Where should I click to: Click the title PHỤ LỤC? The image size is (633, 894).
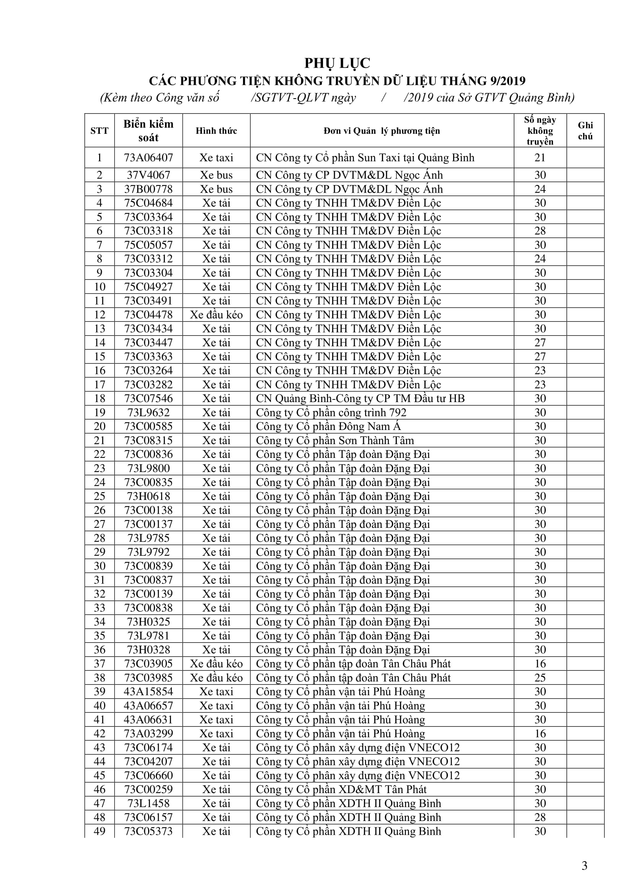pyautogui.click(x=337, y=63)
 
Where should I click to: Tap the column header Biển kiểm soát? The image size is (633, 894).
pyautogui.click(x=148, y=130)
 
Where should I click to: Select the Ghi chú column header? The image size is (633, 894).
pyautogui.click(x=585, y=130)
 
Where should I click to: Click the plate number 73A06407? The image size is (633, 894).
pyautogui.click(x=148, y=158)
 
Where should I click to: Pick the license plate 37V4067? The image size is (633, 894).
pyautogui.click(x=148, y=175)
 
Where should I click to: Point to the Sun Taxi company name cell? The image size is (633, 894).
pyautogui.click(x=365, y=158)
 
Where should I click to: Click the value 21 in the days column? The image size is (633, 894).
pyautogui.click(x=540, y=158)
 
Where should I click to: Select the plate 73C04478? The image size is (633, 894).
pyautogui.click(x=148, y=315)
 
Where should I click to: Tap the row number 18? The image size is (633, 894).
pyautogui.click(x=100, y=398)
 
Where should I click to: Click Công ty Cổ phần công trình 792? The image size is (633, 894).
pyautogui.click(x=331, y=412)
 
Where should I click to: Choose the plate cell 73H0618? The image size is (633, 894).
pyautogui.click(x=148, y=496)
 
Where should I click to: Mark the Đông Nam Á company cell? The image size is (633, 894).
pyautogui.click(x=328, y=427)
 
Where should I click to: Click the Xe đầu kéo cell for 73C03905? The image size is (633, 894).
pyautogui.click(x=216, y=664)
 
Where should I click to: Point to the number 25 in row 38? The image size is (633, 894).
pyautogui.click(x=540, y=678)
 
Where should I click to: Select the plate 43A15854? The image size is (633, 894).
pyautogui.click(x=148, y=691)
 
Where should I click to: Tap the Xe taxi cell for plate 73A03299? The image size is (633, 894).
pyautogui.click(x=216, y=733)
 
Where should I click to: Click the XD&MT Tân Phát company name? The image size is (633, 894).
pyautogui.click(x=341, y=789)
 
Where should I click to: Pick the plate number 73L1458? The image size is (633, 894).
pyautogui.click(x=148, y=803)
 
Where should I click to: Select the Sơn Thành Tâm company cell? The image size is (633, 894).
pyautogui.click(x=335, y=440)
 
